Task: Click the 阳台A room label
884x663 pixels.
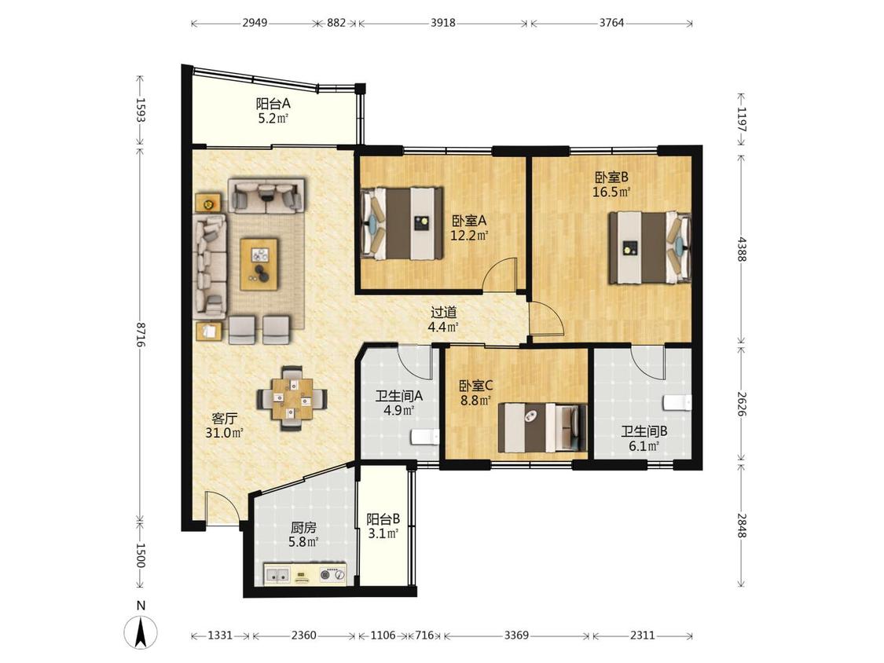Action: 273,104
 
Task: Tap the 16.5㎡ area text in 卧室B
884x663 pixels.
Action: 611,192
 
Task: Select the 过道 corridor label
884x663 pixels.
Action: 443,313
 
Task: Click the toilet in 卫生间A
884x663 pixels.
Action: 425,438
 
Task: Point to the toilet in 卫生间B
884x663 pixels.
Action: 677,403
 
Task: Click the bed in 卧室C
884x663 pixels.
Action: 543,427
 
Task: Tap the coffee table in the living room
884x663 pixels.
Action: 259,265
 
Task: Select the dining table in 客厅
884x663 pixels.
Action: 292,398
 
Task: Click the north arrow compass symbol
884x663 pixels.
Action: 141,632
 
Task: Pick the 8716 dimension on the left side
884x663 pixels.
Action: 141,335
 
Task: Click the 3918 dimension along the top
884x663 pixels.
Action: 443,23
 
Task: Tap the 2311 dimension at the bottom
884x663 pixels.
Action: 643,636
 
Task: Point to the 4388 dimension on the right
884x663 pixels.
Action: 742,248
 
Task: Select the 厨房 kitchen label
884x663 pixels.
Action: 303,528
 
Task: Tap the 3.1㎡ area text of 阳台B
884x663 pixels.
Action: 384,533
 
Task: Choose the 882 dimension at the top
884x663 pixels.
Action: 336,23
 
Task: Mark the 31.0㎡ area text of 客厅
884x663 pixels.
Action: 225,433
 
